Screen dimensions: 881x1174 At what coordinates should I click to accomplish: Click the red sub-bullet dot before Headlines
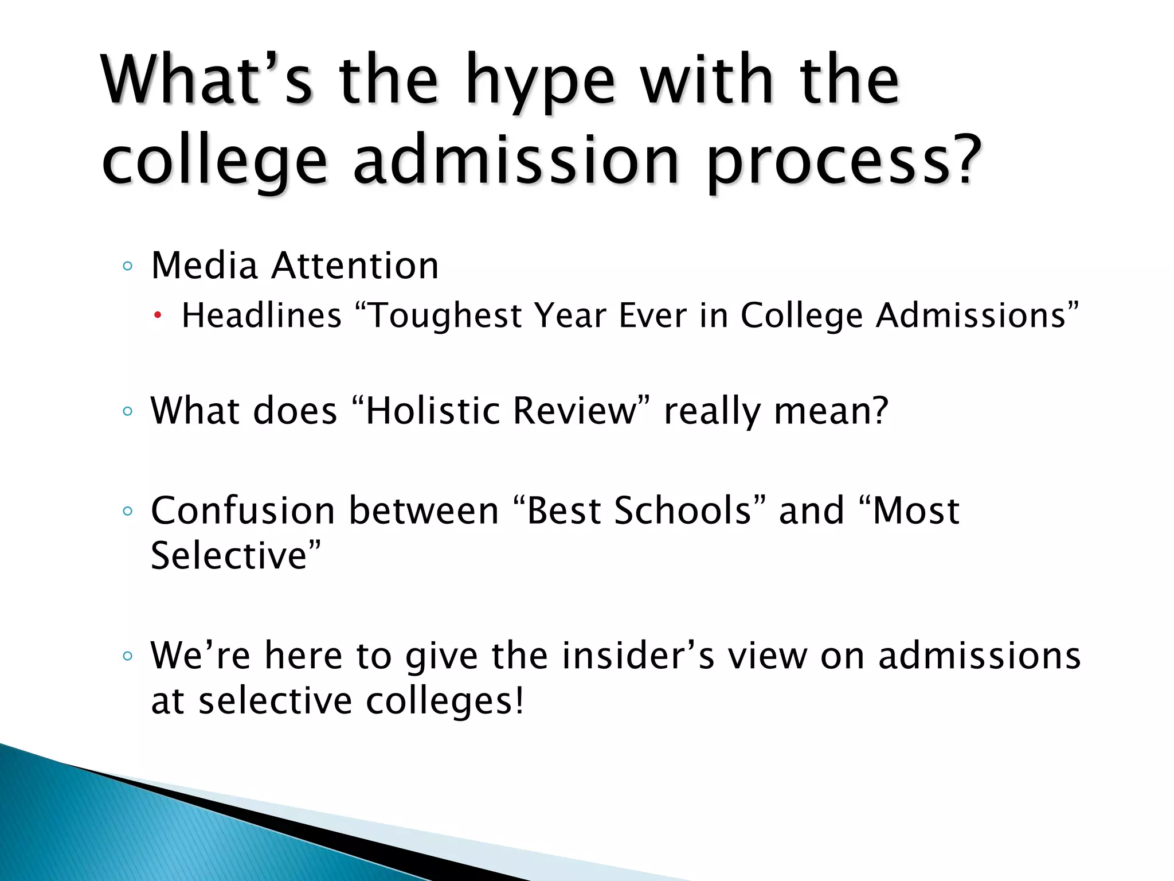(158, 316)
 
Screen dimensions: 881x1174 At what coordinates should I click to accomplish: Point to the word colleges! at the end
(444, 701)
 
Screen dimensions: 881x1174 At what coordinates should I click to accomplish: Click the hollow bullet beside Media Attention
(128, 266)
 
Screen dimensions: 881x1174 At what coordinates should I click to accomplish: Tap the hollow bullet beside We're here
(128, 656)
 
